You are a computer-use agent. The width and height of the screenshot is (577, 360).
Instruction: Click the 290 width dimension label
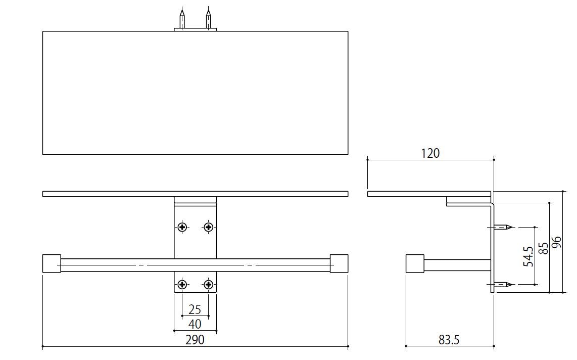click(x=195, y=340)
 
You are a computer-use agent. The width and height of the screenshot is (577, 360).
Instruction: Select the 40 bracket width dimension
click(x=195, y=324)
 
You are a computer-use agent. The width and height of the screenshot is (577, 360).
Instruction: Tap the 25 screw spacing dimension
click(x=195, y=309)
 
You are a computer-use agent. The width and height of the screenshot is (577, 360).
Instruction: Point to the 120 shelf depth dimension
click(x=430, y=153)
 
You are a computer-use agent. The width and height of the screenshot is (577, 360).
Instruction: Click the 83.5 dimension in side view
click(x=449, y=340)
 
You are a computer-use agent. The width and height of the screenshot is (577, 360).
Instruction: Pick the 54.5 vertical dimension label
click(x=528, y=256)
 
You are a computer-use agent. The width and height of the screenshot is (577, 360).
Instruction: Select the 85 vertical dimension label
click(x=544, y=248)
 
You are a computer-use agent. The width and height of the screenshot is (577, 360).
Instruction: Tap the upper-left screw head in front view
click(x=182, y=227)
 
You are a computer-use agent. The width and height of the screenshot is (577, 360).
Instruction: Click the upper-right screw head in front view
click(x=208, y=227)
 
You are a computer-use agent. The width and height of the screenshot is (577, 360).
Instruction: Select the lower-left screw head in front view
click(x=182, y=285)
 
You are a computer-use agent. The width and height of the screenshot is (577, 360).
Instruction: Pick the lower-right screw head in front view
click(x=208, y=285)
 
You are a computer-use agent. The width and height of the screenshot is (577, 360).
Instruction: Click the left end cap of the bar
click(x=52, y=264)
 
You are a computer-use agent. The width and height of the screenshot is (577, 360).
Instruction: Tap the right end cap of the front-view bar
click(x=339, y=264)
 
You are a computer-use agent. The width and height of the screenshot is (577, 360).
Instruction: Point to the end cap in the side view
click(x=414, y=264)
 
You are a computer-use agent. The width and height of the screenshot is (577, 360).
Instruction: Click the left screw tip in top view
click(x=182, y=18)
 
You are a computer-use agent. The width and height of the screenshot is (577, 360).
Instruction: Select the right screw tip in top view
click(x=208, y=18)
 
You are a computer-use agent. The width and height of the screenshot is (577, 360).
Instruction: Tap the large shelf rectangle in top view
click(x=195, y=93)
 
